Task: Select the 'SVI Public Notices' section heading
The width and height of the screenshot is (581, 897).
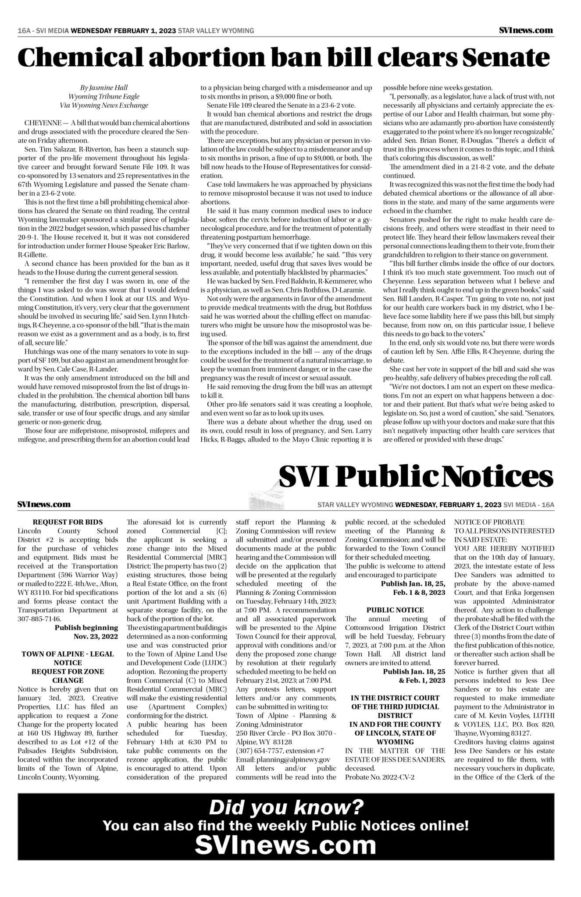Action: (415, 477)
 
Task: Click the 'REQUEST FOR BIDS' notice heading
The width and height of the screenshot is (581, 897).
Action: (68, 522)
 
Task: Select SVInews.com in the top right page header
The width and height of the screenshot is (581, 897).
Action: (526, 30)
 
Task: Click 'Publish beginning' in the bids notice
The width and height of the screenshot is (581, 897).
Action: (86, 628)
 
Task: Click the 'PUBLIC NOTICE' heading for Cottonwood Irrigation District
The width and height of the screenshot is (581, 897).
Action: (395, 610)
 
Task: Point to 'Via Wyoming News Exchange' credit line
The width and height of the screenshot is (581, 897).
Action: (104, 105)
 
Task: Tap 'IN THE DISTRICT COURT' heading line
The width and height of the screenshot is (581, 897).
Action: (395, 698)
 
